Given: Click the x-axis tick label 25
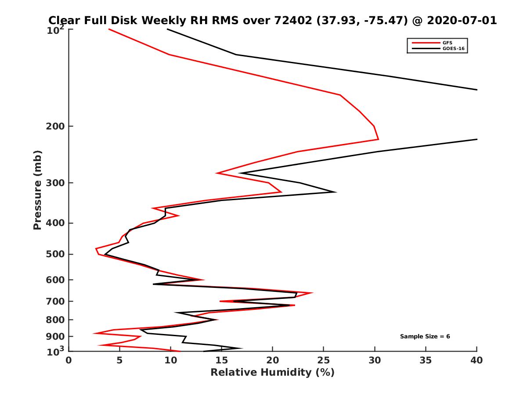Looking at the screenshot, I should coord(324,360).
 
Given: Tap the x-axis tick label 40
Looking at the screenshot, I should coord(476,360).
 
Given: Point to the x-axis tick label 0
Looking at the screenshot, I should coord(69,360).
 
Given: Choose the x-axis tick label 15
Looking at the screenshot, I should coord(222,360).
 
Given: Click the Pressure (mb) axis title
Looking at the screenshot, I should coord(37,190).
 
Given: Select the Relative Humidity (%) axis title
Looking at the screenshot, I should coord(273,373).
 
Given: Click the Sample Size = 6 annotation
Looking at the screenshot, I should coord(425,337).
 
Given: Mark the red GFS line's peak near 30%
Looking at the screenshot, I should coord(378,140).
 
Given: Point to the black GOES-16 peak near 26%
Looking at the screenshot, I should coord(336,192).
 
